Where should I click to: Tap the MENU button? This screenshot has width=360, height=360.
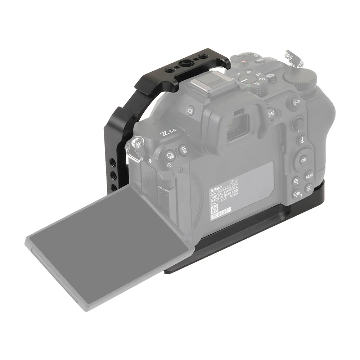point(309,176)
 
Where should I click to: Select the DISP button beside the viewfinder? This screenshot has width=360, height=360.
point(271,114)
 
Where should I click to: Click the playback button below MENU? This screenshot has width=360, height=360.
point(309,188)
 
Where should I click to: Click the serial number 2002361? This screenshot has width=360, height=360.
point(221,213)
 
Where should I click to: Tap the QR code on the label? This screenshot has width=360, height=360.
point(215,208)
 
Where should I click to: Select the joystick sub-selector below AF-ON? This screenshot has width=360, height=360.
point(298,123)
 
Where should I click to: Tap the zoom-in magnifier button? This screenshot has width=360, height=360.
point(296,181)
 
